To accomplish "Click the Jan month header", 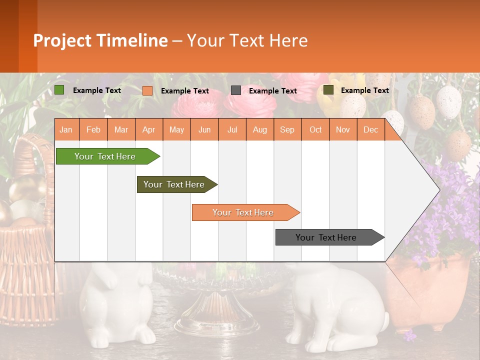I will (x=66, y=130).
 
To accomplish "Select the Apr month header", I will (x=149, y=130).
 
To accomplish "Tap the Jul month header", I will (x=232, y=130).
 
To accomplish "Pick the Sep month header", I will (x=287, y=130).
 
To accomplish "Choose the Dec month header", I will (x=370, y=130).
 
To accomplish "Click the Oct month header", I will (x=315, y=130).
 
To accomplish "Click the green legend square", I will (x=59, y=90).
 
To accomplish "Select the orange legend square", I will (x=147, y=91).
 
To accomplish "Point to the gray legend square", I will (x=236, y=90).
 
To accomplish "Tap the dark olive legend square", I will (x=328, y=90).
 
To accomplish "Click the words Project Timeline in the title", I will (x=100, y=40).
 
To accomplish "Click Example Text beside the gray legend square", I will (x=272, y=91).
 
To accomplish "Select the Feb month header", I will (x=93, y=130).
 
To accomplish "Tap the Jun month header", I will (x=204, y=130).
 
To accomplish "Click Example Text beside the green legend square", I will (x=97, y=90).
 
